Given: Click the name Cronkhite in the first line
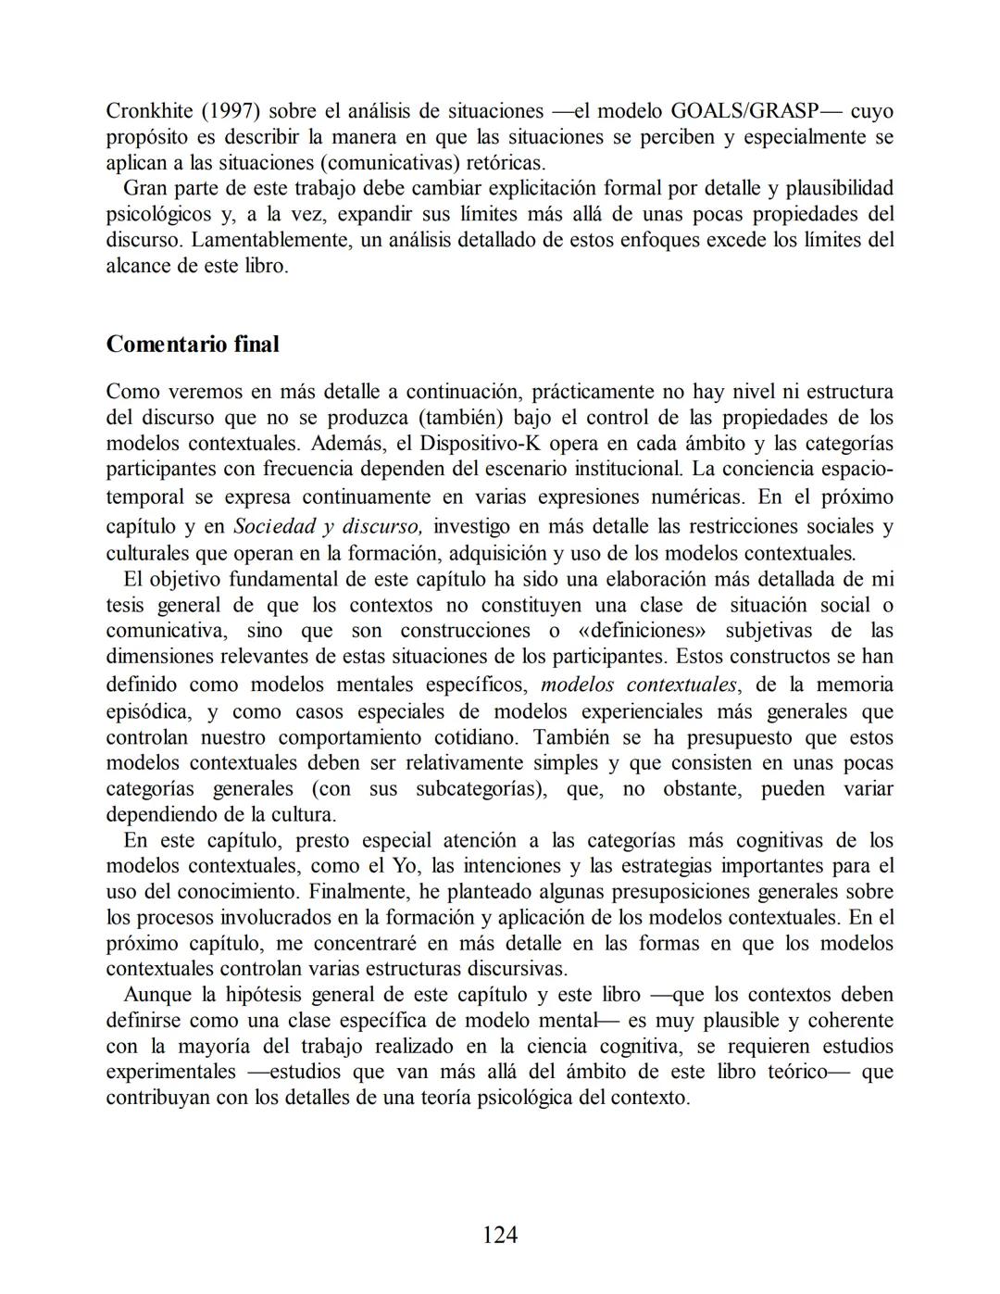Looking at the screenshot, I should [x=149, y=111].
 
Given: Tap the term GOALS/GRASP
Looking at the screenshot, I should [x=744, y=111].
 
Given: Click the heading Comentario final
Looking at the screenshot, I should [x=193, y=345].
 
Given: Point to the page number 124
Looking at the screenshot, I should [x=500, y=1235].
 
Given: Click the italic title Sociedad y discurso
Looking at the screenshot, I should [x=328, y=526].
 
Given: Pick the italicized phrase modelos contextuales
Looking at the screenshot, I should [x=639, y=685].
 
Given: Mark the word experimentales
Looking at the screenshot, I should [x=171, y=1072].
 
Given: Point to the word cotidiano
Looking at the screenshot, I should [x=469, y=737].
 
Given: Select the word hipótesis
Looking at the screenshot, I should [x=264, y=995].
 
